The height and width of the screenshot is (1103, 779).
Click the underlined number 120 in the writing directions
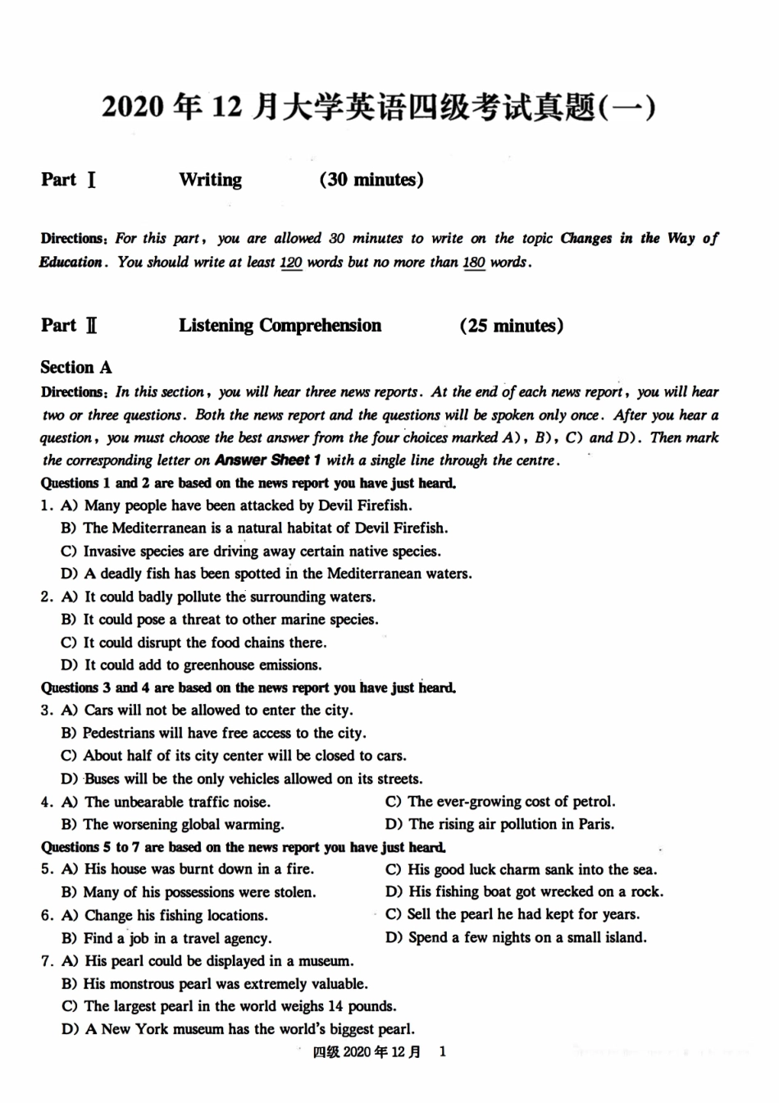(x=291, y=263)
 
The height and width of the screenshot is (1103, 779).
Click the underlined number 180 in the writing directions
(x=474, y=263)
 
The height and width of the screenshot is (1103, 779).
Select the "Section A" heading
(x=76, y=367)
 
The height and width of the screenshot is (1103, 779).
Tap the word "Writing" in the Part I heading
(x=211, y=180)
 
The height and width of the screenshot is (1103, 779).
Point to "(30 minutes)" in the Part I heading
(x=371, y=180)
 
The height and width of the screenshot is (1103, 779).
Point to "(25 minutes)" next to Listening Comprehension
(x=512, y=326)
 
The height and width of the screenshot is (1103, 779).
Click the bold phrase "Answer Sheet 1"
(x=267, y=460)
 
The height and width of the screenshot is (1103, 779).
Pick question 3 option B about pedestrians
(x=214, y=733)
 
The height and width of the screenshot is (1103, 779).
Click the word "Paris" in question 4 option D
(x=595, y=824)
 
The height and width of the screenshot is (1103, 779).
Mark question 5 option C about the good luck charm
(x=521, y=869)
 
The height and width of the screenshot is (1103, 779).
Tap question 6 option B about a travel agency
(x=166, y=937)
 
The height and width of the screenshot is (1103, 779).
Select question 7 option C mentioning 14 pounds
(x=229, y=1006)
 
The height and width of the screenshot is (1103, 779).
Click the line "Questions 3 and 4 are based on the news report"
(x=248, y=688)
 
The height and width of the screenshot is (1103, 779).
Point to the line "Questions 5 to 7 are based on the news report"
(x=244, y=847)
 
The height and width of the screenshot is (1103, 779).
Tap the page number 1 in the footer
(x=443, y=1052)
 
